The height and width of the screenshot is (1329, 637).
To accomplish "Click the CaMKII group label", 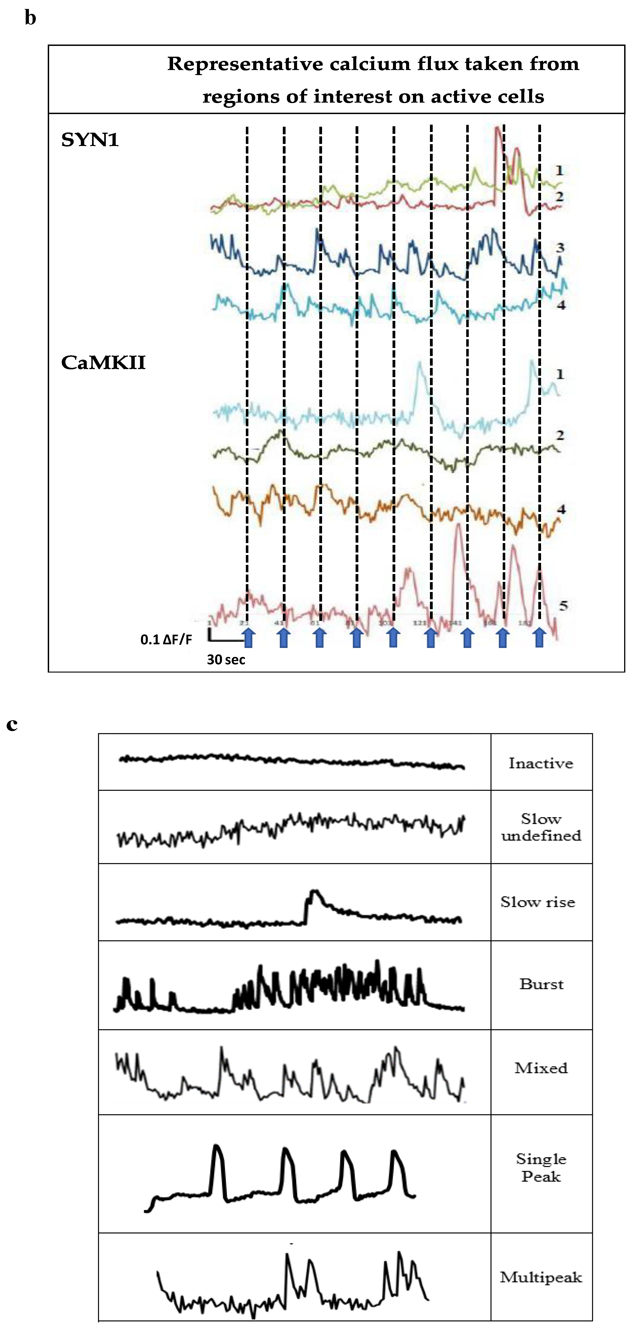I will click(x=103, y=363).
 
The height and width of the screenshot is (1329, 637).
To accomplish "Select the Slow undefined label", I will click(x=541, y=827).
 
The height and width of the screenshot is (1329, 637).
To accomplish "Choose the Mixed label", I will click(x=541, y=1068).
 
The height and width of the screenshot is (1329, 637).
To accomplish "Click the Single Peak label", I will click(x=541, y=1167).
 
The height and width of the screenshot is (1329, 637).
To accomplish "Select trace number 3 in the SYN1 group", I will click(x=560, y=248).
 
